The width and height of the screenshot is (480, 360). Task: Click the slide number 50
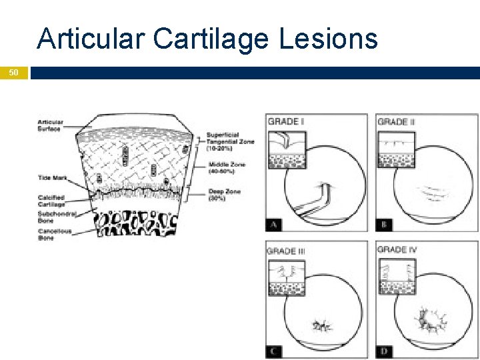(x=14, y=72)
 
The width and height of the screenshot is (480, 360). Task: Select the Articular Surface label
(x=51, y=125)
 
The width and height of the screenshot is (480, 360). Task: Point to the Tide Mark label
(x=51, y=178)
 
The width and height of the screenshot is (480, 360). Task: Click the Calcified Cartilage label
(x=51, y=201)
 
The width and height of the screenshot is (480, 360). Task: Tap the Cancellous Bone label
(x=55, y=234)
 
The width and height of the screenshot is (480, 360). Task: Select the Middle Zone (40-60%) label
(x=226, y=168)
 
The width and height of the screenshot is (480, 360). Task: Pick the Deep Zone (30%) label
(x=224, y=195)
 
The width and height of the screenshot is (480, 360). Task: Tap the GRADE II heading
(x=396, y=121)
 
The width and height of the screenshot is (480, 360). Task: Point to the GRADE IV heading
(x=398, y=250)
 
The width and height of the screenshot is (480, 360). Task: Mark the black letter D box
(x=383, y=351)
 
